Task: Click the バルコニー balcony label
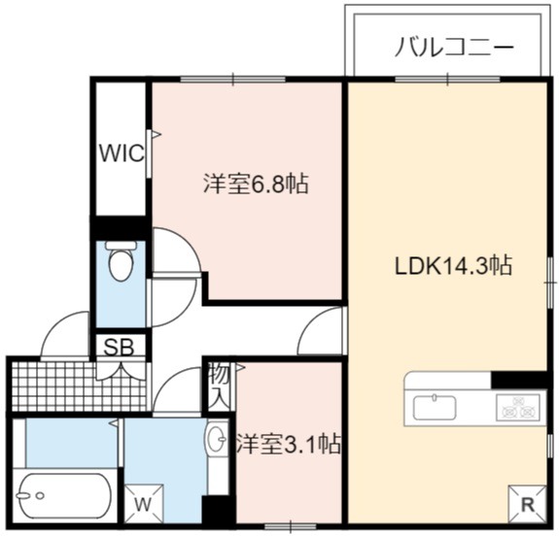[x=454, y=48]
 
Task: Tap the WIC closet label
[x=122, y=153]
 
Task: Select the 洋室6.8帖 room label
[x=256, y=184]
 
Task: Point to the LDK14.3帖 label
[x=453, y=265]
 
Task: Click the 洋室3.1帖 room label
[x=289, y=444]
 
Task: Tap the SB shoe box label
[x=119, y=348]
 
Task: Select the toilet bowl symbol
[x=122, y=260]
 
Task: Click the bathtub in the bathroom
[x=65, y=495]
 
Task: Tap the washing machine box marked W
[x=144, y=503]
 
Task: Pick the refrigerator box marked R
[x=528, y=504]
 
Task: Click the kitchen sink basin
[x=435, y=407]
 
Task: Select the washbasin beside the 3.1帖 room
[x=217, y=438]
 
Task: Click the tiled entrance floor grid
[x=79, y=386]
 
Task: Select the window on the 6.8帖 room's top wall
[x=233, y=79]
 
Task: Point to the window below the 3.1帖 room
[x=291, y=526]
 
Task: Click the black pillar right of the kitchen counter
[x=519, y=380]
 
